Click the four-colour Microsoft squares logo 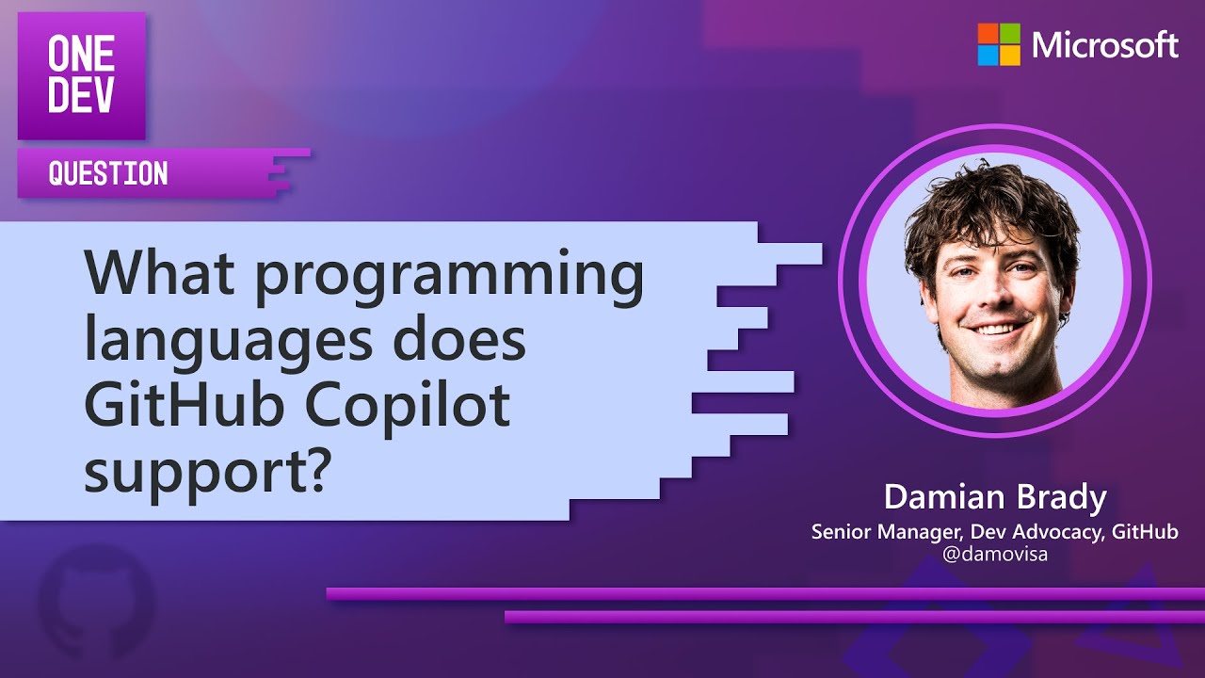tap(999, 44)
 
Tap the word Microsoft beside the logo tap(1105, 45)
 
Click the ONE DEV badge tap(82, 75)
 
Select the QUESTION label tap(108, 174)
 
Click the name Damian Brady tap(995, 498)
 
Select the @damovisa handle tap(995, 555)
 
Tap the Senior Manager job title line tap(995, 532)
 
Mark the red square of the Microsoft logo tap(988, 33)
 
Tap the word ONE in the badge tap(82, 56)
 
